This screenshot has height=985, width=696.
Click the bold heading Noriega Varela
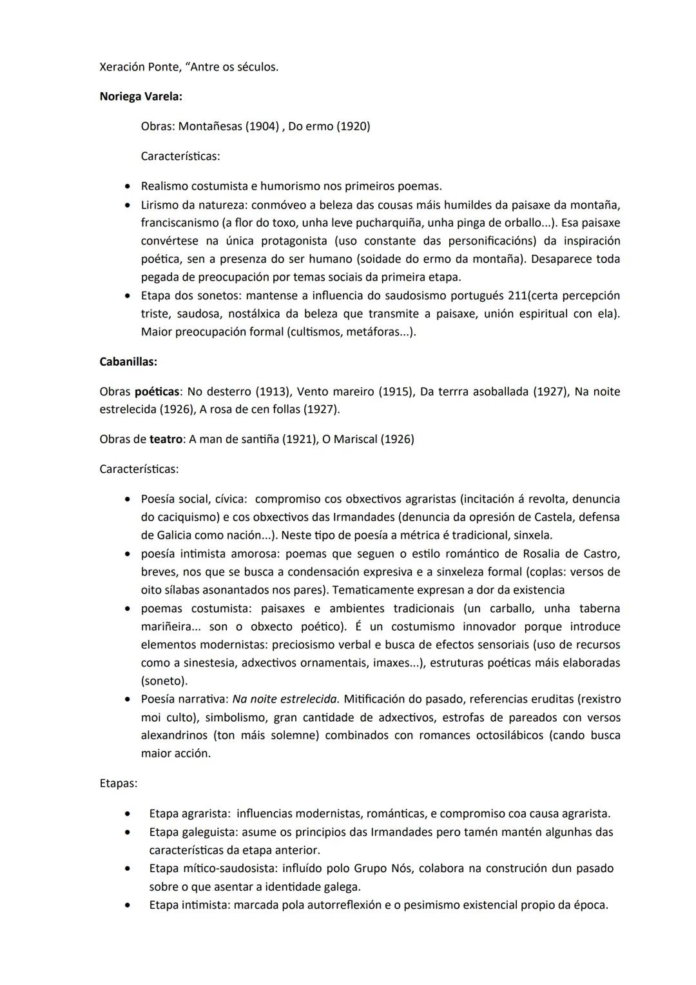[x=140, y=97]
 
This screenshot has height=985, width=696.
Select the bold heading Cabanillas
[x=128, y=362]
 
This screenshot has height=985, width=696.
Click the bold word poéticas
[x=157, y=392]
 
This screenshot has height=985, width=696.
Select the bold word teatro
[x=166, y=439]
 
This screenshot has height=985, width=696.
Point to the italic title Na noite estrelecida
[x=285, y=699]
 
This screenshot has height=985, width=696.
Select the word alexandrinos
[x=174, y=735]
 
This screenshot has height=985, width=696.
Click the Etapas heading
[x=118, y=784]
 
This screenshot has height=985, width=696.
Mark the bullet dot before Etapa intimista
[x=128, y=906]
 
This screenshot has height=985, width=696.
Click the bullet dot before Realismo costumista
[x=128, y=186]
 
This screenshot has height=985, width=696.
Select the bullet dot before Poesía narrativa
[x=128, y=699]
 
